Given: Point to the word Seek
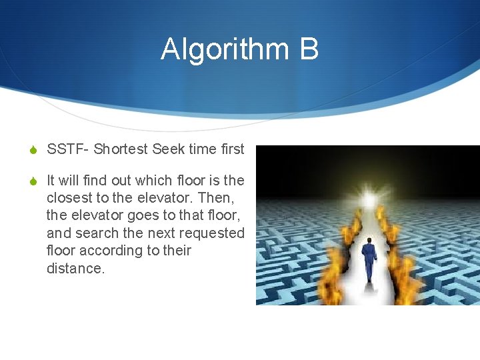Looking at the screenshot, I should tap(169, 149).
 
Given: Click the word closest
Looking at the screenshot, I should tap(69, 198).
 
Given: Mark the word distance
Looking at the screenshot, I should tap(75, 268).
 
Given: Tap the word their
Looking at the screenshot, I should tap(176, 251).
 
